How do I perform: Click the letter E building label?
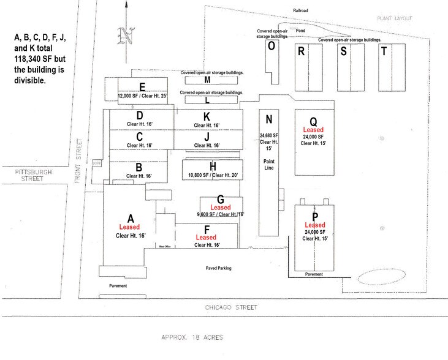tap(142, 86)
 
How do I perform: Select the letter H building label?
tap(213, 166)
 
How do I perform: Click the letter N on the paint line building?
tap(268, 119)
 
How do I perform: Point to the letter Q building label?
tap(313, 121)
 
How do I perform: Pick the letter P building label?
tap(315, 216)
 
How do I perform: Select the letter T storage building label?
tap(384, 51)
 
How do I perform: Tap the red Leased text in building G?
tap(220, 208)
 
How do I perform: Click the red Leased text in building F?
tap(206, 237)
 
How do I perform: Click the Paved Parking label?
tap(223, 268)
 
